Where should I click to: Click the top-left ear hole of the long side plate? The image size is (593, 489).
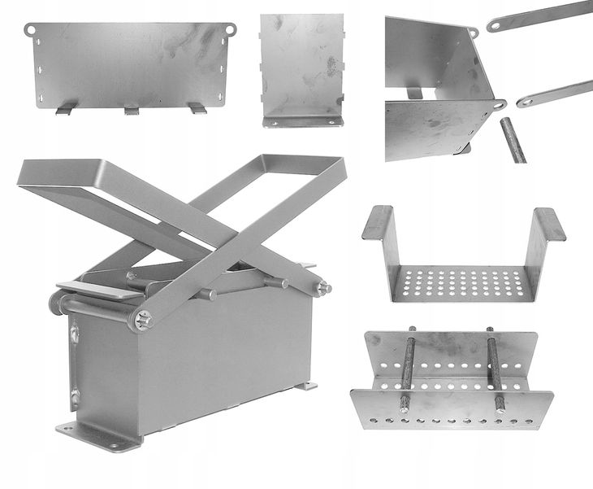click(x=31, y=29)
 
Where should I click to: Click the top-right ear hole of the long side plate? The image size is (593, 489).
click(x=230, y=29)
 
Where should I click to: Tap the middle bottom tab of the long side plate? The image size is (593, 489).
click(x=132, y=109)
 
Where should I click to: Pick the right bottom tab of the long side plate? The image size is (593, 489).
click(x=197, y=107)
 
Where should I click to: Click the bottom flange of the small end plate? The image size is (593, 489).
click(x=301, y=121)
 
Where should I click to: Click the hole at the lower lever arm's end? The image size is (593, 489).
click(x=526, y=102)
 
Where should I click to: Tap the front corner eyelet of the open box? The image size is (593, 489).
click(x=497, y=104)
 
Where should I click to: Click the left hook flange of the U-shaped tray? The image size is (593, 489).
click(x=378, y=223)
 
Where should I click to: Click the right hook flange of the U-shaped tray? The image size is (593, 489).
click(x=550, y=225)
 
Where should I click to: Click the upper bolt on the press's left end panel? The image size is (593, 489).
click(x=75, y=333)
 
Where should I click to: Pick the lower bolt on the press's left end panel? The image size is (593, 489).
click(x=75, y=396)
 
